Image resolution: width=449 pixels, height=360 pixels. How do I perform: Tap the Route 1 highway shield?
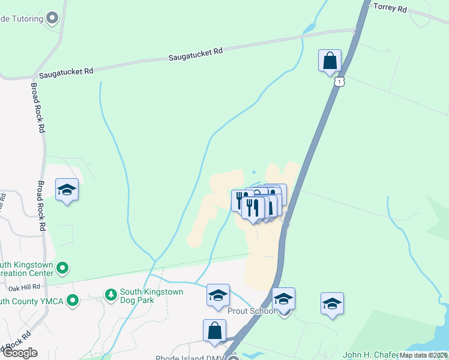tap(340, 81)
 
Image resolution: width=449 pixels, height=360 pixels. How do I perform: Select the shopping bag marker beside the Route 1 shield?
tap(330, 61)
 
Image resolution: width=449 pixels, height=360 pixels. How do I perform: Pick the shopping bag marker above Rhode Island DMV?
tap(215, 331)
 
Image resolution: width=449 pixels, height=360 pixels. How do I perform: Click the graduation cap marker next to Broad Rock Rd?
tap(67, 190)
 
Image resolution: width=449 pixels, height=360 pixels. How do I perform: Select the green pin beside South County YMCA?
tap(73, 299)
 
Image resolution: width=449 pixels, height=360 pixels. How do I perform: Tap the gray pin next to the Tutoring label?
tap(52, 18)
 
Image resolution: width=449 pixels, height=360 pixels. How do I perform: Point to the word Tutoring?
tap(24, 19)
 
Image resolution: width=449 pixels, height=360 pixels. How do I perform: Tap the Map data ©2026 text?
tap(423, 355)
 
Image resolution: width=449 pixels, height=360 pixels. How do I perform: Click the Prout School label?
tap(252, 311)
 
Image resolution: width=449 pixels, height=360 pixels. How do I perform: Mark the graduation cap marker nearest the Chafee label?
tap(331, 304)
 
